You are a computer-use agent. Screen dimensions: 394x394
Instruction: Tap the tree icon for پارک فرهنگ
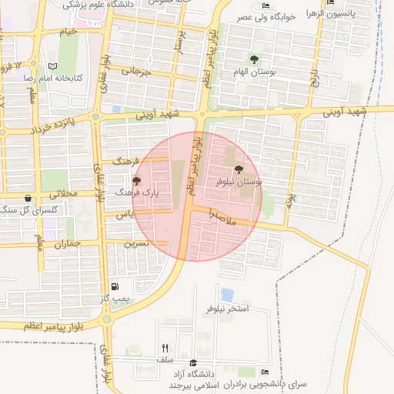137,181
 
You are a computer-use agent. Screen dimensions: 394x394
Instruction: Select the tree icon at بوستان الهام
254,59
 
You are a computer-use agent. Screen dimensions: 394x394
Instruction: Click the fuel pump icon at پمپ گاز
115,286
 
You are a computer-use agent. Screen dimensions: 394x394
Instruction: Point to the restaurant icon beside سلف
165,348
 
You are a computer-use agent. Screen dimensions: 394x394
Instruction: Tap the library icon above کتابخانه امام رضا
52,67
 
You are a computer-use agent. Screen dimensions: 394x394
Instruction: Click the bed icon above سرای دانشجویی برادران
265,372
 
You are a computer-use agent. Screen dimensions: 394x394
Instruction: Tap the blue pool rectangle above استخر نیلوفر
227,295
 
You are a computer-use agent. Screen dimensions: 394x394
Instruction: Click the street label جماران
67,243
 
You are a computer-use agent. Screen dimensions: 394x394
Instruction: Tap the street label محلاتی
65,194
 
